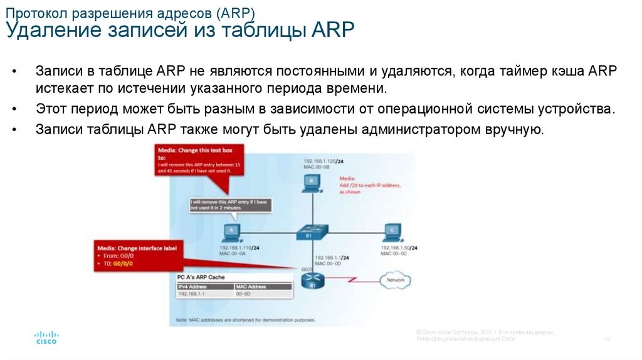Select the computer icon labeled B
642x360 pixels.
click(311, 183)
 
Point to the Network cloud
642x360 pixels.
click(395, 280)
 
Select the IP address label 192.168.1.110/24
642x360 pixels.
click(240, 248)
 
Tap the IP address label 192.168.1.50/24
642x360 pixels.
click(401, 248)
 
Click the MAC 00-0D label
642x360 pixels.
click(328, 263)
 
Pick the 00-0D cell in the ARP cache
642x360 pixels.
click(244, 293)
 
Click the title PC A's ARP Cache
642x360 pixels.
click(201, 277)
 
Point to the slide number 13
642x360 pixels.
click(607, 339)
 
